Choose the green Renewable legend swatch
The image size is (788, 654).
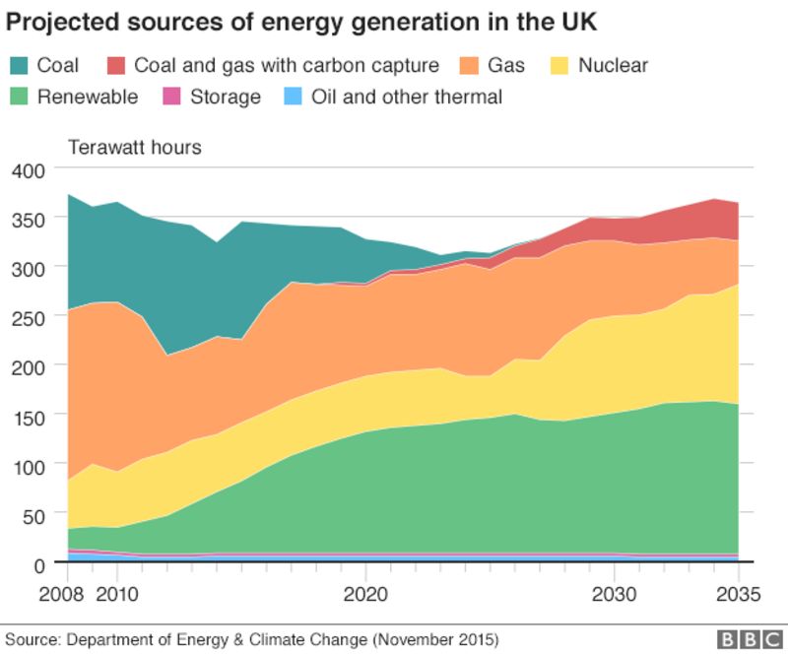click(18, 97)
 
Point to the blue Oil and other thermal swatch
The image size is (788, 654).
click(293, 97)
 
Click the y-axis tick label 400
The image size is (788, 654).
click(30, 171)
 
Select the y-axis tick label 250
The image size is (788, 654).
click(30, 316)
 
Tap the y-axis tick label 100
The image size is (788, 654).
click(30, 465)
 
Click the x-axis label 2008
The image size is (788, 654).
click(67, 594)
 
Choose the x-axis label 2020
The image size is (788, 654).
click(365, 594)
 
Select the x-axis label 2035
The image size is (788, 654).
click(739, 594)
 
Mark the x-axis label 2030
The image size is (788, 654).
click(615, 594)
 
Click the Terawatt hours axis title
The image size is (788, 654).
click(134, 148)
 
